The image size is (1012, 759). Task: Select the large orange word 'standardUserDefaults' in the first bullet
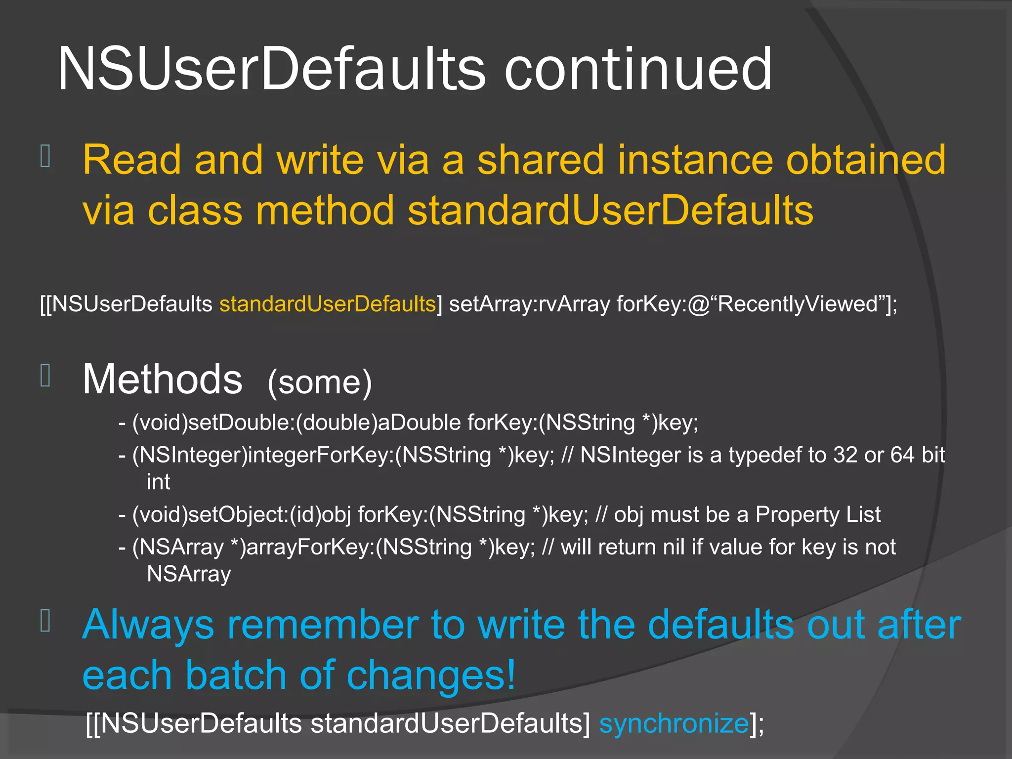click(610, 211)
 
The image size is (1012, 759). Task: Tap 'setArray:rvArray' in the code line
click(529, 304)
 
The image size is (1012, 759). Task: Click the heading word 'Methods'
click(163, 379)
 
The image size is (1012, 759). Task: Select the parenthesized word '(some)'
click(319, 382)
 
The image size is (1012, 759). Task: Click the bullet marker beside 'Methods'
click(45, 376)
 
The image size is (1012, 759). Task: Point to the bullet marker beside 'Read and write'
click(45, 156)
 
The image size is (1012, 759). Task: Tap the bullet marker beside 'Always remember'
click(45, 621)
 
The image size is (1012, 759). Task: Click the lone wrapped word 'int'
click(158, 482)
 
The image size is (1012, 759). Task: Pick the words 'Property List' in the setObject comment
click(818, 515)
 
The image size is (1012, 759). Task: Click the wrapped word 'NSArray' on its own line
click(189, 574)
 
